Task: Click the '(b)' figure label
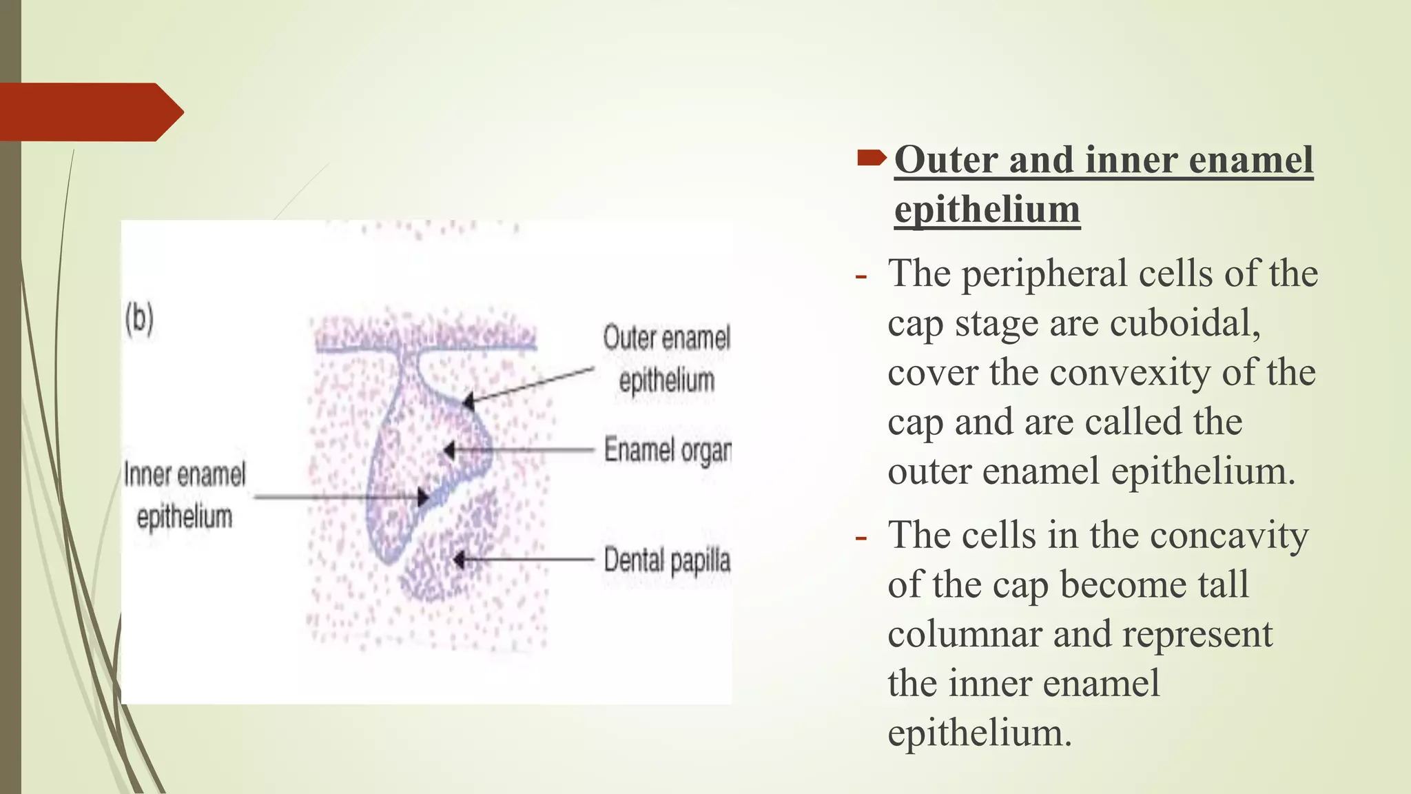(139, 319)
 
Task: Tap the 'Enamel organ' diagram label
(667, 450)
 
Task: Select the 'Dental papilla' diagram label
(667, 560)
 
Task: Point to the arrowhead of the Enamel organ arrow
(449, 451)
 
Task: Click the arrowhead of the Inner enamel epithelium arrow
(422, 497)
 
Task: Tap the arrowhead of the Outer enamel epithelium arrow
(468, 401)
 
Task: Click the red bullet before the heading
(872, 159)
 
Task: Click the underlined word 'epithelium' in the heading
(987, 210)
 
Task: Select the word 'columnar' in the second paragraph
(965, 634)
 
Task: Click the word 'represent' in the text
(1197, 634)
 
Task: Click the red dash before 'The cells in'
(861, 537)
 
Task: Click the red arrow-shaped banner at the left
(90, 112)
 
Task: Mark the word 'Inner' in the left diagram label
(147, 475)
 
